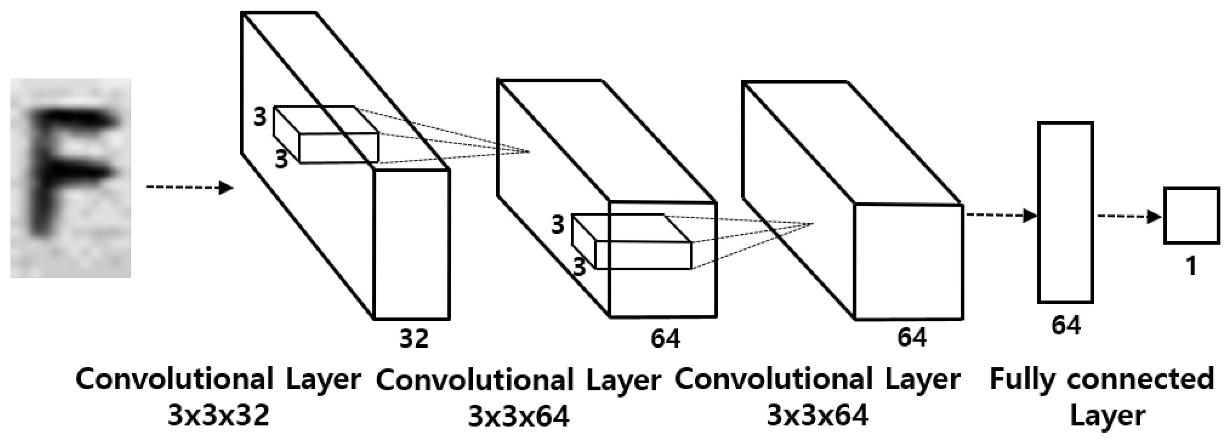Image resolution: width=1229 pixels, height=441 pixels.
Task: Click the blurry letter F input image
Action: [x=71, y=178]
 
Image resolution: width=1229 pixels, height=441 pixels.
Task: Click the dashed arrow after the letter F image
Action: [x=190, y=187]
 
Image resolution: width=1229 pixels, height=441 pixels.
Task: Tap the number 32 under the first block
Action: [x=414, y=339]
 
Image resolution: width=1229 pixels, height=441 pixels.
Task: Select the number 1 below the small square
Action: [x=1191, y=265]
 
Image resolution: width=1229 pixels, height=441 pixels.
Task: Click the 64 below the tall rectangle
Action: [x=1066, y=326]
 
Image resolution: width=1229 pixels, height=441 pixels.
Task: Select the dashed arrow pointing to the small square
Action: [x=1129, y=217]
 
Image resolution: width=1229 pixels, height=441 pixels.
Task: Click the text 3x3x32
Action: [x=218, y=414]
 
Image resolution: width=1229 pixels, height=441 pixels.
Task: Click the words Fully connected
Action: [x=1102, y=380]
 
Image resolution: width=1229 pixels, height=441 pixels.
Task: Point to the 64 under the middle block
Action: [x=665, y=339]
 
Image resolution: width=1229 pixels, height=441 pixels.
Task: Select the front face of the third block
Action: [x=908, y=262]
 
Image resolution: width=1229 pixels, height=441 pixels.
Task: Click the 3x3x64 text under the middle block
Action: [x=518, y=416]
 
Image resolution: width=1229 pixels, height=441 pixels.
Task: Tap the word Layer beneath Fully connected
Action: [x=1108, y=416]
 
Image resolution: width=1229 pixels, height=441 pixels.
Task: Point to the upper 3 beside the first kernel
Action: [x=259, y=116]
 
